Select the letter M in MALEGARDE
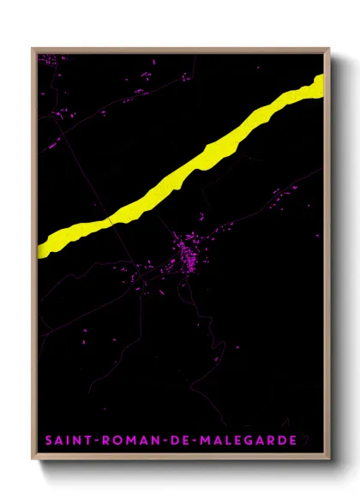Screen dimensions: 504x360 click(x=202, y=441)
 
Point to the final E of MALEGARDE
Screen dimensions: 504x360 click(x=293, y=441)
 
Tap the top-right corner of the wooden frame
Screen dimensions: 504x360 click(x=329, y=49)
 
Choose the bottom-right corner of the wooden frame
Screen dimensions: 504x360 click(x=329, y=461)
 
